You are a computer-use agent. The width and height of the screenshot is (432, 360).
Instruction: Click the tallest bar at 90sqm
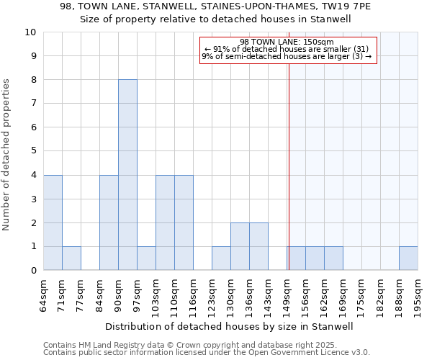coord(127,175)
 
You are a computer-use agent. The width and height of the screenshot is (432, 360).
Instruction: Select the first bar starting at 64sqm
coord(53,222)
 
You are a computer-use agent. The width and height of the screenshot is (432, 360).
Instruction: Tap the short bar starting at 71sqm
coord(71,258)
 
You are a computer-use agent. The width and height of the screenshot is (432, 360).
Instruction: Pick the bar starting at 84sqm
coord(109,222)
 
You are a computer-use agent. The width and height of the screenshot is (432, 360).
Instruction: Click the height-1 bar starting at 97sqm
coord(146,258)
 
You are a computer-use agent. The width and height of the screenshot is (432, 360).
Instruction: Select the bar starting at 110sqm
coord(184,222)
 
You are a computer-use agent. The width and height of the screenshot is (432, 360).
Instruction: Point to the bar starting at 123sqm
coord(221,258)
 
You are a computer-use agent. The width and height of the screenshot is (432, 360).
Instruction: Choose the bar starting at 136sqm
coord(258,246)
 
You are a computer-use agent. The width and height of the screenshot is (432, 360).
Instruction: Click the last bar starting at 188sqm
coord(408,258)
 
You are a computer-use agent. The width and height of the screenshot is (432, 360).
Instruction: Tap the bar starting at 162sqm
coord(333,258)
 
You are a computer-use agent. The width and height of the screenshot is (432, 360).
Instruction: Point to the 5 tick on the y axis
coord(32,151)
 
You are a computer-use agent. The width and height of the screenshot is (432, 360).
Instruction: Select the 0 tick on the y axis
coord(32,271)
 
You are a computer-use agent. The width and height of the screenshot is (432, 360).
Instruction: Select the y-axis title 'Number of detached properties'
coord(6,156)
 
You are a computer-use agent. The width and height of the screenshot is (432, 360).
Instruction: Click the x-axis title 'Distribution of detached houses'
coord(235,326)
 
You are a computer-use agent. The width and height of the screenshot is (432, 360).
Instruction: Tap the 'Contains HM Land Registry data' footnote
coord(206,345)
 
